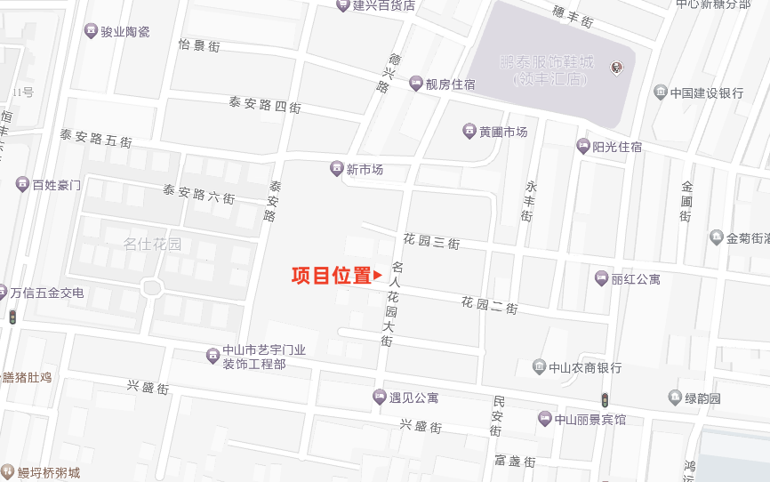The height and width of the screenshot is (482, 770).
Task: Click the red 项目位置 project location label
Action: (x=331, y=276)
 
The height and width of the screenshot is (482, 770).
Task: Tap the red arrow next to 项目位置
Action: (x=378, y=276)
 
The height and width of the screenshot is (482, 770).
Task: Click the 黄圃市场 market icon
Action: (x=469, y=132)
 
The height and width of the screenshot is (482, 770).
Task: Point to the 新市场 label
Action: (x=365, y=169)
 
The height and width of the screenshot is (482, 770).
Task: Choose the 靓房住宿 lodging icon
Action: (x=415, y=84)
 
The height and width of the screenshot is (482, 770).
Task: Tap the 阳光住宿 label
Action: (x=617, y=147)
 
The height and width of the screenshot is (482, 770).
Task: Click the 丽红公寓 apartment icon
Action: (x=601, y=279)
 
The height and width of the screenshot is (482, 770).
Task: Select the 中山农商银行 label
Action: (x=585, y=367)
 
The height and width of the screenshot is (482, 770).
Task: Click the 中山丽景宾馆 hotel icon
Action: (x=544, y=419)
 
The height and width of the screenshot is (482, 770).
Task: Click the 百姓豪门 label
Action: (x=56, y=185)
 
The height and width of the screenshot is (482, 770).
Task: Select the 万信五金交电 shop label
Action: (x=46, y=293)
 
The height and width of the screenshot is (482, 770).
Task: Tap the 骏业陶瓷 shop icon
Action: (x=90, y=32)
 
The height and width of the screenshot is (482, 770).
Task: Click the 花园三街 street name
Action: (x=431, y=242)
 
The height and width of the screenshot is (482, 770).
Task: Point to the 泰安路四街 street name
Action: (x=265, y=105)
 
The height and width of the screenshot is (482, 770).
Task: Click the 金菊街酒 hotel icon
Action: (x=717, y=237)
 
